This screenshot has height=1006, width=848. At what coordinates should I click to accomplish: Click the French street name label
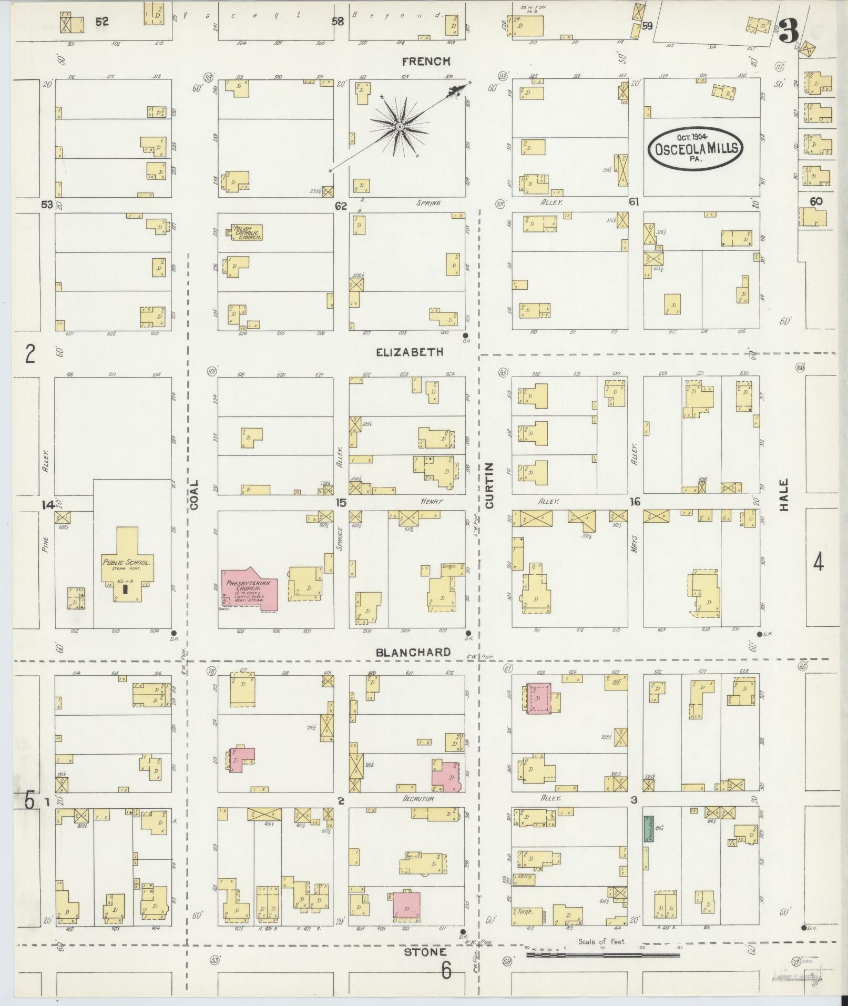426,62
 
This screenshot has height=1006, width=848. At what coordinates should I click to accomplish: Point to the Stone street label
426,952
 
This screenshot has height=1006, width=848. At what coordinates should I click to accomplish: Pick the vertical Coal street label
195,494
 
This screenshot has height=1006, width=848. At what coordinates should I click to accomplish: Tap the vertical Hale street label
784,494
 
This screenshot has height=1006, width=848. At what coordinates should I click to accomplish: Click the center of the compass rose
400,127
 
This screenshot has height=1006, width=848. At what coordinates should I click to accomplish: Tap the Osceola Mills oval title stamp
696,149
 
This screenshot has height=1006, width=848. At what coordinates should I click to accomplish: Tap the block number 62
341,206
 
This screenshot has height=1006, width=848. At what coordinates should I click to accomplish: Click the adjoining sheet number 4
818,563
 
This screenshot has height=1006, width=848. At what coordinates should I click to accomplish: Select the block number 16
635,502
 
